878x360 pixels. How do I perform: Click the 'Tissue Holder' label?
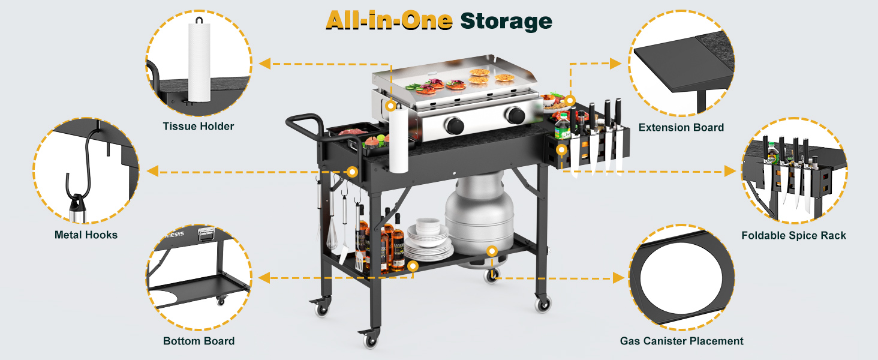199,126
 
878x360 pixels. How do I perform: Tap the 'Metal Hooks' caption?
86,235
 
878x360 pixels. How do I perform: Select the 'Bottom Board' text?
199,341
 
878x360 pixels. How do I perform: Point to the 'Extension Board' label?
681,127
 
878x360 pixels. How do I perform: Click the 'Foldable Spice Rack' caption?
793,235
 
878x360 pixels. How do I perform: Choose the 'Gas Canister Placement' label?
682,341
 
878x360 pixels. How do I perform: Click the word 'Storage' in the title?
506,21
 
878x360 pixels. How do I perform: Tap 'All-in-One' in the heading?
389,20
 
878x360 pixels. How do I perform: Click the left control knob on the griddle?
455,125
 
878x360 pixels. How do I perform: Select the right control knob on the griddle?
515,115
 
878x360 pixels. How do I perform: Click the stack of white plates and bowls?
428,239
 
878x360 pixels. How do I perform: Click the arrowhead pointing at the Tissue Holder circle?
264,64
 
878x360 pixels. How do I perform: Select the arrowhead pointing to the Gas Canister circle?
618,278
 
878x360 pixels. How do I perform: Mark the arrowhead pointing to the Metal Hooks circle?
152,171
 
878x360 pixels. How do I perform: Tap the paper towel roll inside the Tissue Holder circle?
199,62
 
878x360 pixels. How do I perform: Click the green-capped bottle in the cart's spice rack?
562,126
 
